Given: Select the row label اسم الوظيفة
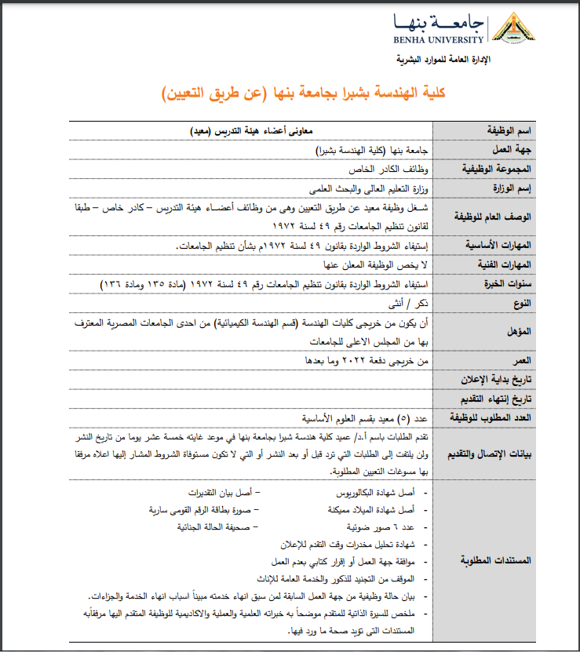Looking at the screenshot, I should point(506,129).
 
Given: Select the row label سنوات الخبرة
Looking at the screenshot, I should point(503,283).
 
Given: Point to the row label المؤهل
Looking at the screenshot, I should point(517,331).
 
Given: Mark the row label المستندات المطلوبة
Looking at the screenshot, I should point(494,560).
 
